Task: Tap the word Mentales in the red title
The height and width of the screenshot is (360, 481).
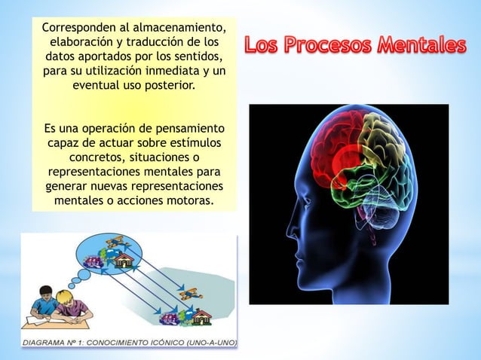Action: pyautogui.click(x=423, y=46)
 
